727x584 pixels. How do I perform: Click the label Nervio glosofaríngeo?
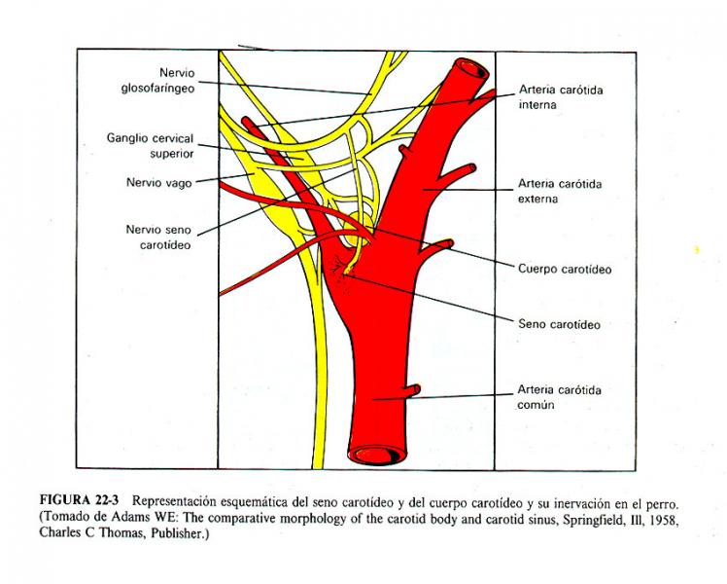158,81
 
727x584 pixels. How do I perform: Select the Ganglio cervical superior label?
151,146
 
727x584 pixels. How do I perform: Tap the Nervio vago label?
159,182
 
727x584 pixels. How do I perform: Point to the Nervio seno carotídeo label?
158,237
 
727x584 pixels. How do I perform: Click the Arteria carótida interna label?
561,97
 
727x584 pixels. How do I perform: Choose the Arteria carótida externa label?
560,192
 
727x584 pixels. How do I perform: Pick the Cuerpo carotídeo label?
565,269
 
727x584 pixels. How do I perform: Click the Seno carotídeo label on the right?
559,324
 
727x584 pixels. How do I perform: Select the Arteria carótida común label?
559,397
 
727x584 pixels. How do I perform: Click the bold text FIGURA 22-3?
80,500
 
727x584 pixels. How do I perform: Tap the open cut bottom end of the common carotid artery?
377,454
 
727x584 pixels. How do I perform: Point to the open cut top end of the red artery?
472,70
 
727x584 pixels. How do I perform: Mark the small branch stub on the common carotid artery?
413,389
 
